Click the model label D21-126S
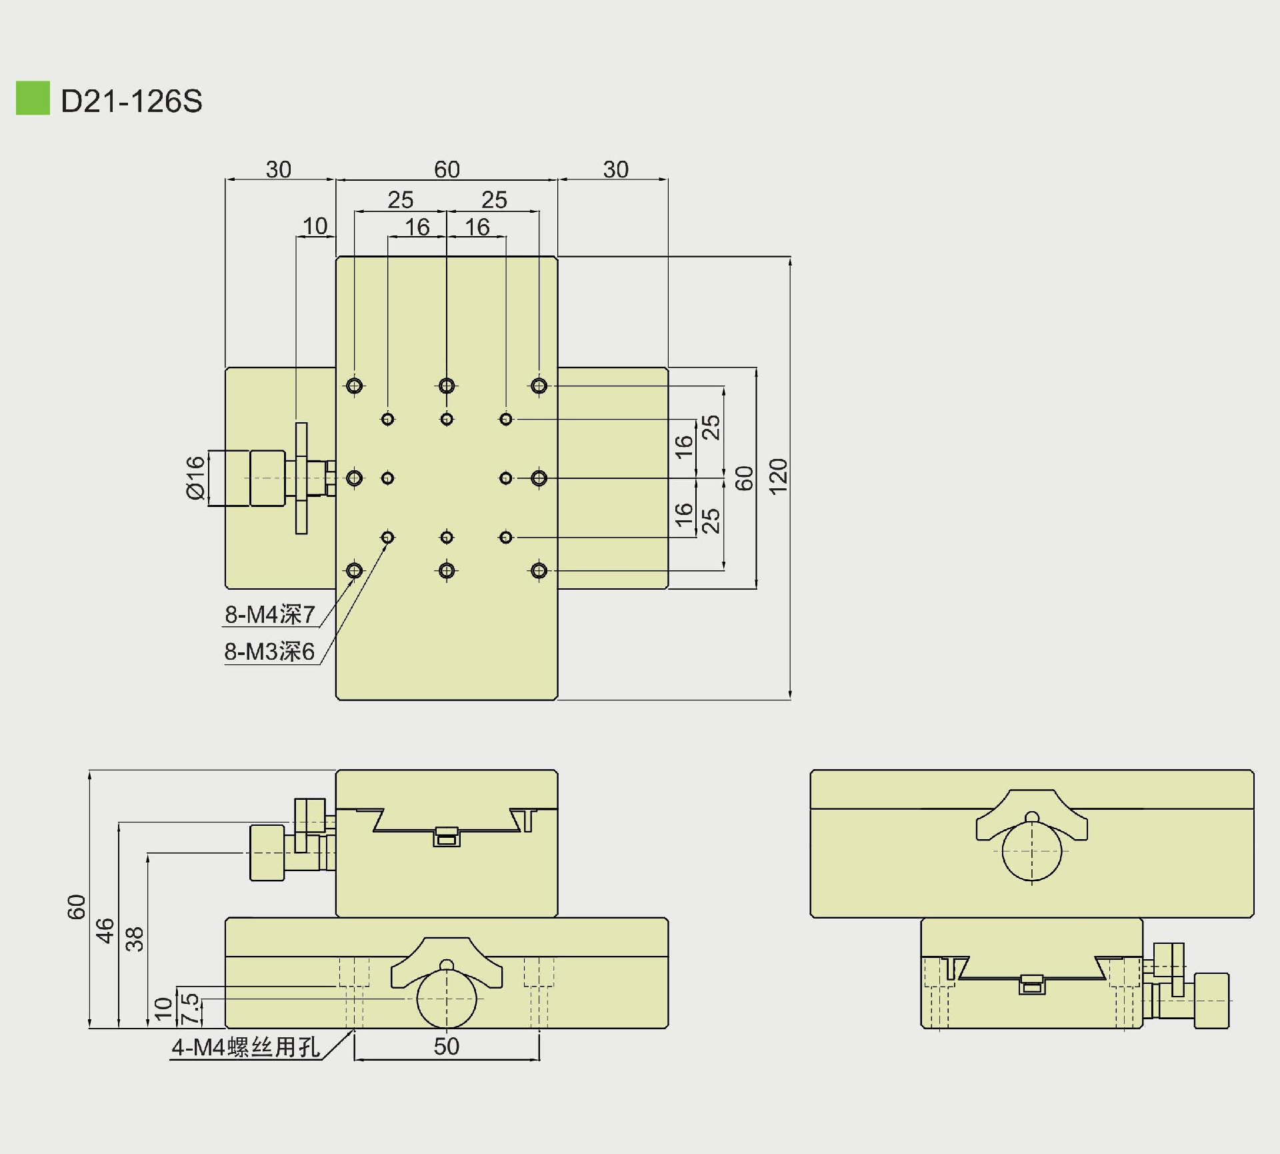click(x=131, y=101)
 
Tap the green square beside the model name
click(x=33, y=98)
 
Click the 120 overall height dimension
click(x=778, y=476)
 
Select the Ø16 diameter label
click(x=195, y=478)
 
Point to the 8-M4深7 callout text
click(x=269, y=614)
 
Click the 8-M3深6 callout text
click(x=269, y=652)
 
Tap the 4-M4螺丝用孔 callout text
click(x=245, y=1047)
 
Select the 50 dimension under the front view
click(x=446, y=1047)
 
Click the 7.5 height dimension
click(x=190, y=1009)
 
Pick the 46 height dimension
click(x=105, y=931)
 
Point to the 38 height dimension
click(x=135, y=939)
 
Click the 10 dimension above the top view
click(x=315, y=226)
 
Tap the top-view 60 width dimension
click(x=447, y=169)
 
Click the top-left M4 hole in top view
click(x=355, y=386)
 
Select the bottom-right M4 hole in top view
click(x=539, y=570)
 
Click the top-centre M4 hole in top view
click(x=447, y=386)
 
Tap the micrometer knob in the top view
click(x=267, y=478)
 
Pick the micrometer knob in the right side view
click(x=1211, y=1001)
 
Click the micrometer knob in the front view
click(x=267, y=852)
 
